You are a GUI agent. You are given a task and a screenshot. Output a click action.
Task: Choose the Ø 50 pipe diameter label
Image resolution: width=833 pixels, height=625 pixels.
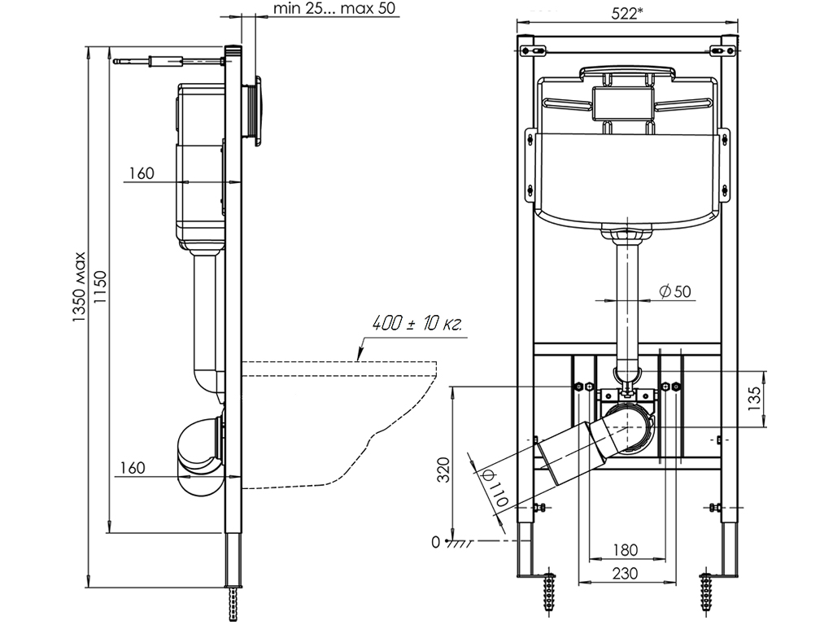click(677, 291)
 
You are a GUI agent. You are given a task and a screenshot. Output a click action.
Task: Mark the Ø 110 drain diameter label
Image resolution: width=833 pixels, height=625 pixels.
click(495, 487)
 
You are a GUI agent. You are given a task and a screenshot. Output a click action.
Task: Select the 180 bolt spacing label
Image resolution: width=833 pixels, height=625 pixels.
click(625, 549)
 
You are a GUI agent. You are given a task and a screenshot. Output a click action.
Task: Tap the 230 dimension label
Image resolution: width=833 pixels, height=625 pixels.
click(625, 573)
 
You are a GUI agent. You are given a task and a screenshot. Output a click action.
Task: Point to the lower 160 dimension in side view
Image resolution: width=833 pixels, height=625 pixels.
click(132, 467)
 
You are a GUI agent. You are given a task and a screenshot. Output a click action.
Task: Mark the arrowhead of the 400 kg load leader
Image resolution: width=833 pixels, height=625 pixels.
click(359, 356)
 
